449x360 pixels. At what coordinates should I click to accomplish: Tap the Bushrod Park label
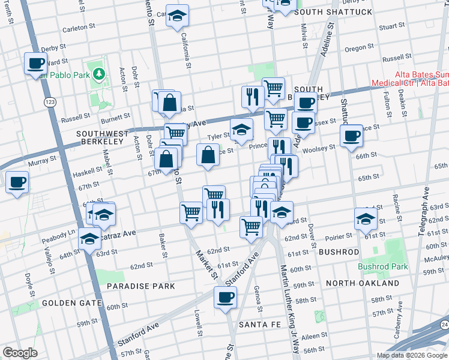click(x=382, y=266)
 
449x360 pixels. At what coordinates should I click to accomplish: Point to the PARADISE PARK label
click(x=140, y=286)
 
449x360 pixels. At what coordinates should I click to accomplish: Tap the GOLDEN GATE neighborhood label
click(x=65, y=303)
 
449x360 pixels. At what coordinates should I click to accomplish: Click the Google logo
click(x=20, y=352)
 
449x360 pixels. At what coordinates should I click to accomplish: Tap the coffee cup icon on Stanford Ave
click(x=225, y=297)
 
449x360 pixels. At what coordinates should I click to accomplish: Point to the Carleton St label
click(x=76, y=28)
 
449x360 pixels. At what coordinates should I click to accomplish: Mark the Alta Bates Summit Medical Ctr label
click(x=409, y=79)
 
